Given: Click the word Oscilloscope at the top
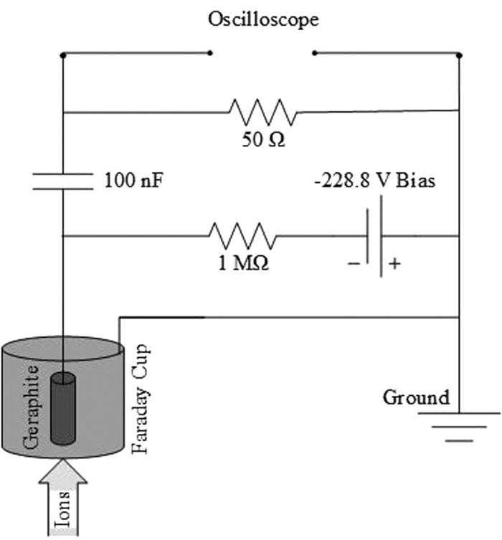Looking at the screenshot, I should click(x=263, y=19).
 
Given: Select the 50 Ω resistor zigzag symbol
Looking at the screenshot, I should click(x=262, y=112).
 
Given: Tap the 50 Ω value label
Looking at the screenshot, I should click(x=262, y=139).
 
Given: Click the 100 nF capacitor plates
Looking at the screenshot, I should click(x=63, y=181).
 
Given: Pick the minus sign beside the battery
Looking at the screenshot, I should click(x=353, y=264).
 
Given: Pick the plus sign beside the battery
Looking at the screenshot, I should click(x=393, y=264).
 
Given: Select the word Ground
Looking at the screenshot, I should click(x=416, y=397).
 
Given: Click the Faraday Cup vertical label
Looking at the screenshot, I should click(x=140, y=402).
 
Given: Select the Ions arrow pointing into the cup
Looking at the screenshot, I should click(x=63, y=498).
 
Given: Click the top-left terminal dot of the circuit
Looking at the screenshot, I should click(x=63, y=54).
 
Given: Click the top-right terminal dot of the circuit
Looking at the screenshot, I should click(x=459, y=54).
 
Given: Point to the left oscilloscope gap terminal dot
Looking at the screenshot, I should click(x=209, y=52).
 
